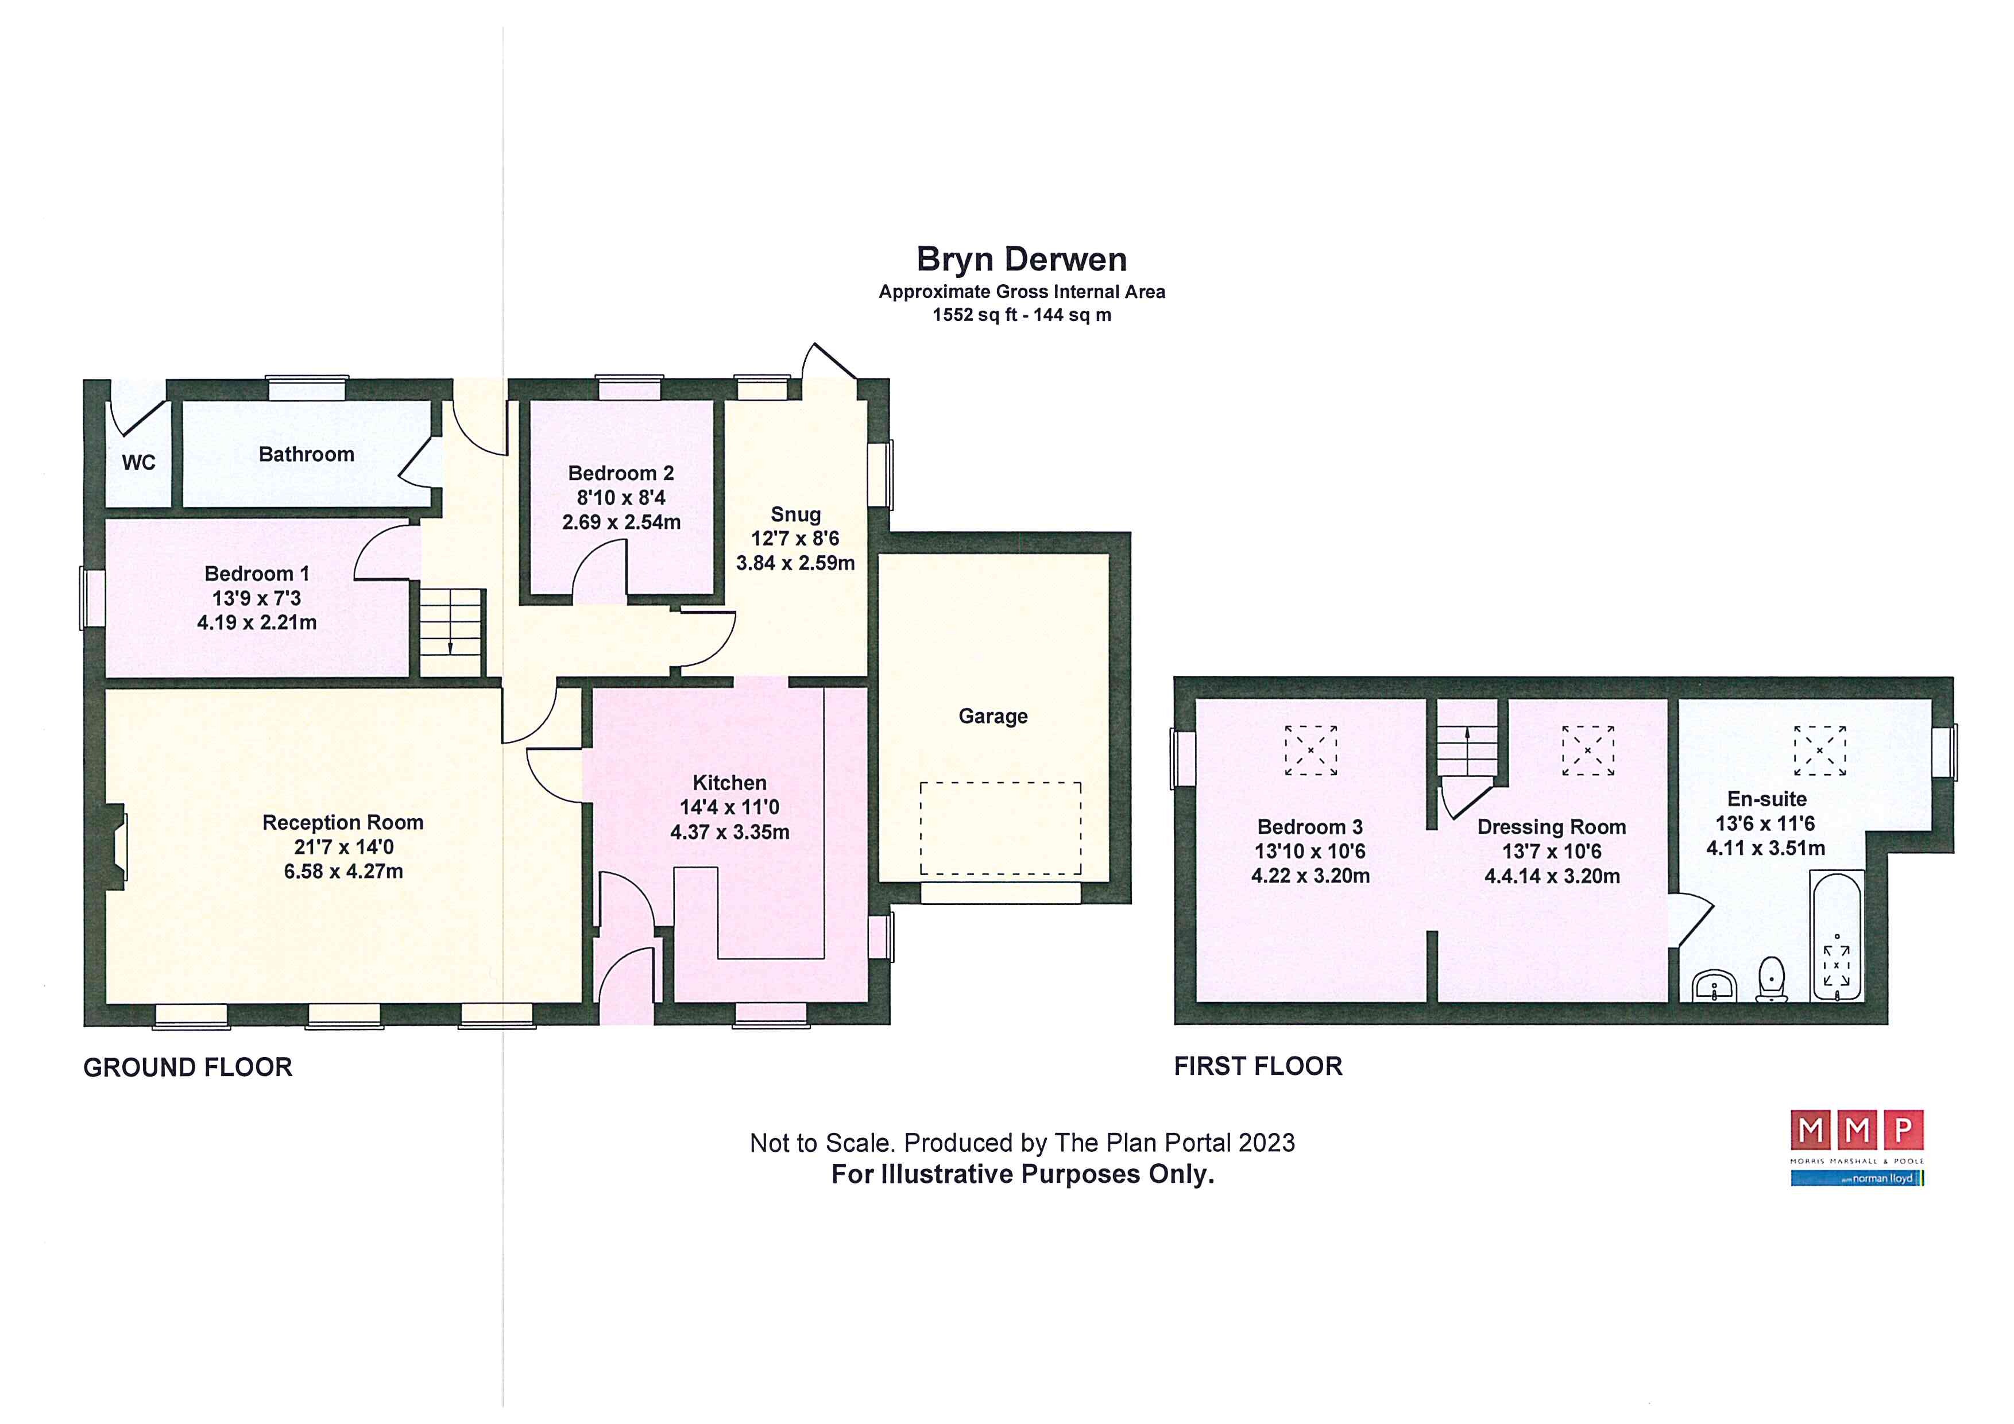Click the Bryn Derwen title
pyautogui.click(x=1022, y=260)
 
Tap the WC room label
pyautogui.click(x=138, y=462)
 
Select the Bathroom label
pyautogui.click(x=306, y=454)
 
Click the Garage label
pyautogui.click(x=993, y=717)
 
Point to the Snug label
pyautogui.click(x=795, y=514)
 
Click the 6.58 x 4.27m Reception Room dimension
pyautogui.click(x=343, y=872)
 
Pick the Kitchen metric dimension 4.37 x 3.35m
pyautogui.click(x=730, y=832)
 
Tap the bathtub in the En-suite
pyautogui.click(x=1836, y=935)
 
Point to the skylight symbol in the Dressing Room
pyautogui.click(x=1588, y=750)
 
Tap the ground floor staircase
pyautogui.click(x=451, y=632)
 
